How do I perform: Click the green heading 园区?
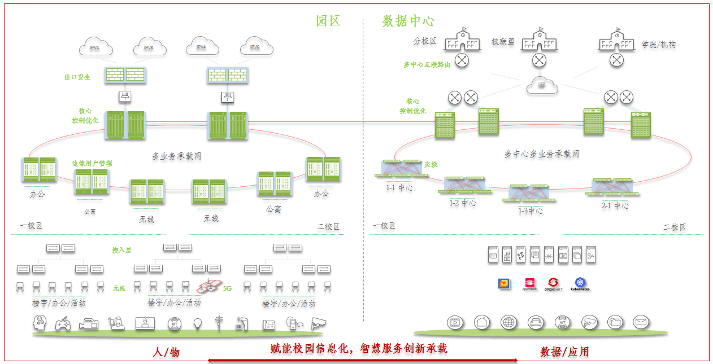pyautogui.click(x=328, y=21)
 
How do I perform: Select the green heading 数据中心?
pyautogui.click(x=408, y=21)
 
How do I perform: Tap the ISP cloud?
pyautogui.click(x=541, y=85)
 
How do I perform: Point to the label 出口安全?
pyautogui.click(x=77, y=77)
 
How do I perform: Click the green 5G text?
pyautogui.click(x=228, y=288)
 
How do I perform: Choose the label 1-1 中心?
pyautogui.click(x=399, y=188)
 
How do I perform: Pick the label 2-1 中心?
pyautogui.click(x=615, y=205)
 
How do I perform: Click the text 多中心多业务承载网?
pyautogui.click(x=541, y=154)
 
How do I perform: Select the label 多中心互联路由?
pyautogui.click(x=427, y=65)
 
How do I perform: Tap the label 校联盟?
pyautogui.click(x=503, y=42)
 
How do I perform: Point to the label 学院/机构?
pyautogui.click(x=658, y=45)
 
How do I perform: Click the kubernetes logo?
pyautogui.click(x=580, y=284)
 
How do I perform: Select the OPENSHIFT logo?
pyautogui.click(x=553, y=284)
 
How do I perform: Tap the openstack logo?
pyautogui.click(x=529, y=284)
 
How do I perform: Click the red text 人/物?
pyautogui.click(x=166, y=352)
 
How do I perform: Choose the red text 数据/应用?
pyautogui.click(x=564, y=352)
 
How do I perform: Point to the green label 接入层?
pyautogui.click(x=121, y=250)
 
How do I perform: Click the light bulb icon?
pyautogui.click(x=198, y=323)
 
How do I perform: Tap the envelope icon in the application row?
pyautogui.click(x=640, y=322)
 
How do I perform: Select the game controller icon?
pyautogui.click(x=63, y=323)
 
